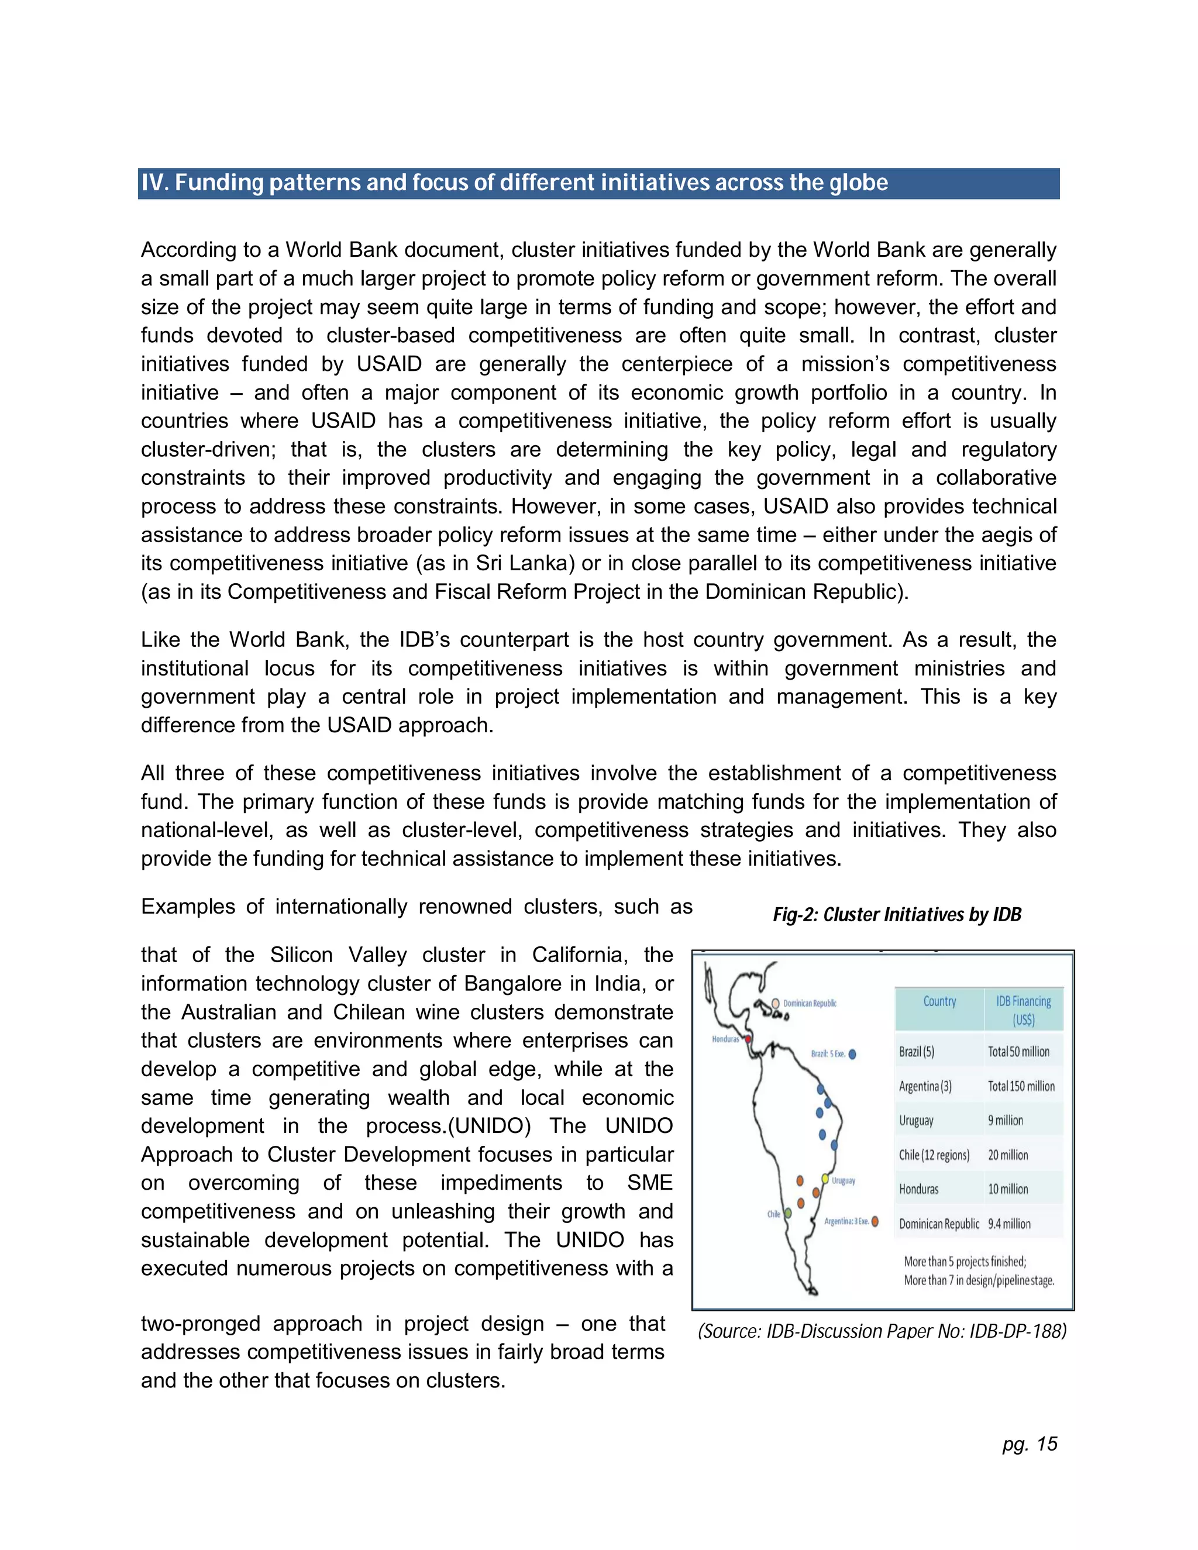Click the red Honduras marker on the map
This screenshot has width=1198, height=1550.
click(748, 1039)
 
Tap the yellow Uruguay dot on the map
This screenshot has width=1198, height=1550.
click(825, 1178)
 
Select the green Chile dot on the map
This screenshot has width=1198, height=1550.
click(788, 1213)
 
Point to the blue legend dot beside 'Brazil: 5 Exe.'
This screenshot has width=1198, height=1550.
click(852, 1054)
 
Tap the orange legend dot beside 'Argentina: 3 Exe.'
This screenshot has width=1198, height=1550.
click(875, 1221)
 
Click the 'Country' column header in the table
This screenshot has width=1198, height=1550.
click(939, 1001)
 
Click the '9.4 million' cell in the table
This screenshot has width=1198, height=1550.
click(1009, 1224)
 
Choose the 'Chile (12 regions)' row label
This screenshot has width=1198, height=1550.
click(934, 1155)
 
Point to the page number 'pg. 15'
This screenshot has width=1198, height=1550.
click(1029, 1444)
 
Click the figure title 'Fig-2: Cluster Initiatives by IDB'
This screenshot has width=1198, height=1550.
click(896, 914)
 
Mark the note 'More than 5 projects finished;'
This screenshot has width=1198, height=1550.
click(965, 1261)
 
